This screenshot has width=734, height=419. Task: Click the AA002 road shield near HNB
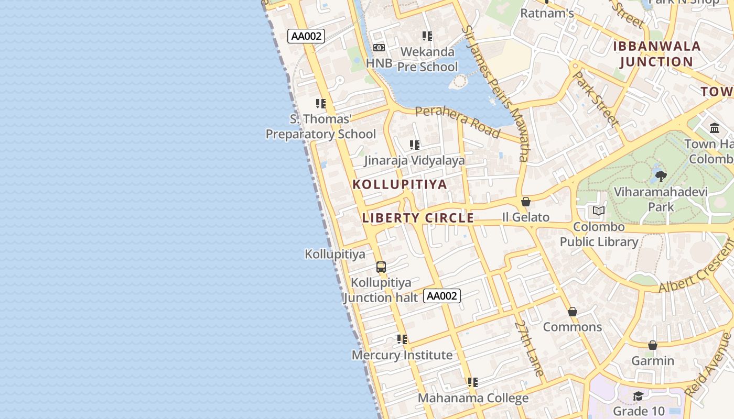(x=306, y=36)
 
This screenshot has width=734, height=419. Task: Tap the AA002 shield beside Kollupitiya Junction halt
(x=442, y=296)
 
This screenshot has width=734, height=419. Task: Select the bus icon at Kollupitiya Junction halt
(x=381, y=267)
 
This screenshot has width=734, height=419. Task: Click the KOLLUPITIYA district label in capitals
(x=400, y=184)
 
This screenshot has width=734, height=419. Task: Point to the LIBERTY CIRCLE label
(x=418, y=218)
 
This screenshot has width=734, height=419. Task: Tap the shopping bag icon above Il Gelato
(x=526, y=202)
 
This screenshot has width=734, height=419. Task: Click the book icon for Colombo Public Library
(x=598, y=211)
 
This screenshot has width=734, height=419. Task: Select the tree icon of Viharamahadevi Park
(x=661, y=177)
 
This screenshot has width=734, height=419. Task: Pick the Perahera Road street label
(x=457, y=122)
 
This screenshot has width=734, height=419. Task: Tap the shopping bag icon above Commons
(x=573, y=312)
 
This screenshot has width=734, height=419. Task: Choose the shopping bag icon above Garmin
(x=653, y=345)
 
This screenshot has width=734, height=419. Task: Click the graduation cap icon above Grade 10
(x=638, y=396)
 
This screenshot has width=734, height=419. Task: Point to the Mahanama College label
(x=473, y=398)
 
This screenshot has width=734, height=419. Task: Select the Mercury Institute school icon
(x=402, y=339)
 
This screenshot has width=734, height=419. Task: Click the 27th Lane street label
(x=529, y=348)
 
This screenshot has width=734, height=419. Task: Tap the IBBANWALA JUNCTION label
(x=656, y=54)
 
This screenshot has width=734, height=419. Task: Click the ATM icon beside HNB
(x=379, y=48)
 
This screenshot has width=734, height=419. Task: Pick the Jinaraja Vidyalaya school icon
(x=415, y=145)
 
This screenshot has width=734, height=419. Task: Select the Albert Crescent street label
(x=697, y=266)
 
